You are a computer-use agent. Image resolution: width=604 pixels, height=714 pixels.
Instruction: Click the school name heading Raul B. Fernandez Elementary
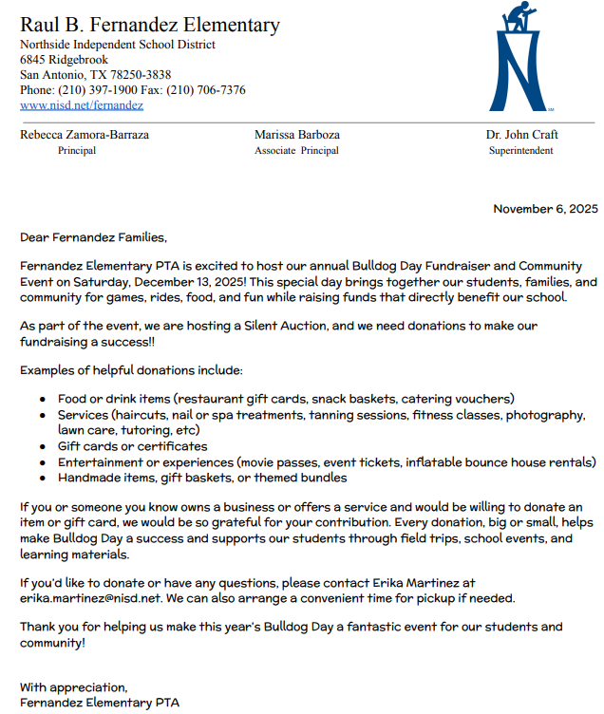pyautogui.click(x=150, y=26)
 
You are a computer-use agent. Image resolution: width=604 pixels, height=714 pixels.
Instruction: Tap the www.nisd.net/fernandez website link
pyautogui.click(x=81, y=105)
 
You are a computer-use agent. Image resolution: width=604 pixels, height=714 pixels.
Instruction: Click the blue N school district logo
pyautogui.click(x=519, y=59)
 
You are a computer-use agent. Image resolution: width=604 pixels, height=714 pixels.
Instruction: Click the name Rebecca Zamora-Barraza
pyautogui.click(x=85, y=135)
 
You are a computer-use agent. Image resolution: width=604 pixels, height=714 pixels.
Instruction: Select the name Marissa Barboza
pyautogui.click(x=296, y=135)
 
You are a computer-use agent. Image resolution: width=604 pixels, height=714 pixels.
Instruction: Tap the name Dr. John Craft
pyautogui.click(x=521, y=135)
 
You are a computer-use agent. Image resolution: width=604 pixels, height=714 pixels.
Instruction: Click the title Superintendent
pyautogui.click(x=520, y=151)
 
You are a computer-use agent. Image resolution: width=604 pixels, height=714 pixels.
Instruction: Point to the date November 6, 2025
pyautogui.click(x=545, y=209)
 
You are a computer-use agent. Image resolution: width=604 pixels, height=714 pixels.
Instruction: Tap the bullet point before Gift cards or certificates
pyautogui.click(x=43, y=446)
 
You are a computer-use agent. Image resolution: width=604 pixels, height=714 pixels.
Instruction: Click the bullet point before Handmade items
pyautogui.click(x=43, y=479)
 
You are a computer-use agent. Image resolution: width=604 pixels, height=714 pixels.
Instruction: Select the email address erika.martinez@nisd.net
pyautogui.click(x=90, y=599)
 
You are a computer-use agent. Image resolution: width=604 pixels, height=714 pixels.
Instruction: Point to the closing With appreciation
pyautogui.click(x=73, y=686)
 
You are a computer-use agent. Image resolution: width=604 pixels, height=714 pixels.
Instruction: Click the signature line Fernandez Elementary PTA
pyautogui.click(x=99, y=703)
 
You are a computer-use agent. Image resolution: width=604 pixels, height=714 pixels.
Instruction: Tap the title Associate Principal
pyautogui.click(x=296, y=151)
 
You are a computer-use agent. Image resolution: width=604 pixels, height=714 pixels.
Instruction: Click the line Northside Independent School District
pyautogui.click(x=117, y=45)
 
